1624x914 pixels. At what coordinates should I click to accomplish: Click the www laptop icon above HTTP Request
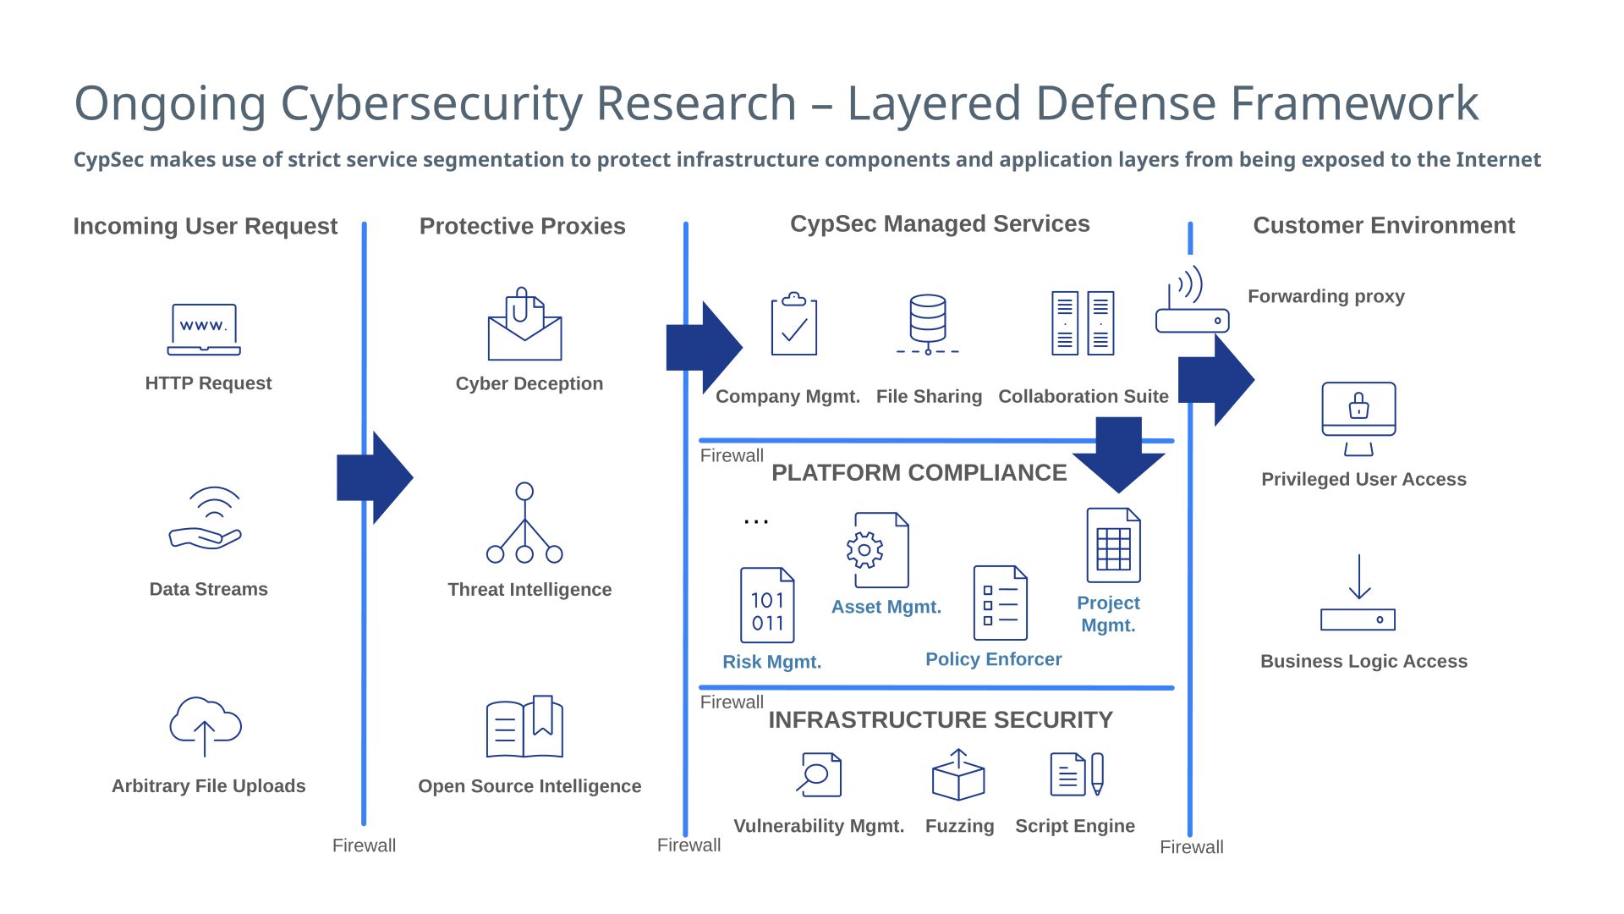click(x=204, y=329)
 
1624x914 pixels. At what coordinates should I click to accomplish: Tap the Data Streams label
click(x=208, y=589)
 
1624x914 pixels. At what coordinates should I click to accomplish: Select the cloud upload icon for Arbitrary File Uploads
click(x=206, y=725)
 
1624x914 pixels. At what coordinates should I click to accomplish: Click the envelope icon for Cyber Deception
click(x=524, y=326)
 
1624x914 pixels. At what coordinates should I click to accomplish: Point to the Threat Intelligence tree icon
click(x=524, y=523)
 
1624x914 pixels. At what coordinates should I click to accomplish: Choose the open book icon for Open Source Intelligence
click(x=524, y=727)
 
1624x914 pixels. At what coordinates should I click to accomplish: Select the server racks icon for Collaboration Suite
click(x=1083, y=323)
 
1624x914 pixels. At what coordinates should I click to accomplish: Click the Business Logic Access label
click(x=1363, y=661)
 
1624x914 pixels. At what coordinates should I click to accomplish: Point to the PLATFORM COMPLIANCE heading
click(x=919, y=472)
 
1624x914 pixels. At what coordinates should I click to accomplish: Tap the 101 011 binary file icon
click(x=767, y=605)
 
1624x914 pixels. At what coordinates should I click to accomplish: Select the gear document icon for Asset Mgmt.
click(x=880, y=550)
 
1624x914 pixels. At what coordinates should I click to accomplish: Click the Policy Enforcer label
click(x=993, y=659)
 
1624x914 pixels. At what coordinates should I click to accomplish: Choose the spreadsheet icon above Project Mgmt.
click(x=1113, y=545)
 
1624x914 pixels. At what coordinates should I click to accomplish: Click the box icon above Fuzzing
click(x=957, y=775)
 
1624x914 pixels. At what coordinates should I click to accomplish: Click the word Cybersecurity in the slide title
click(x=538, y=103)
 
